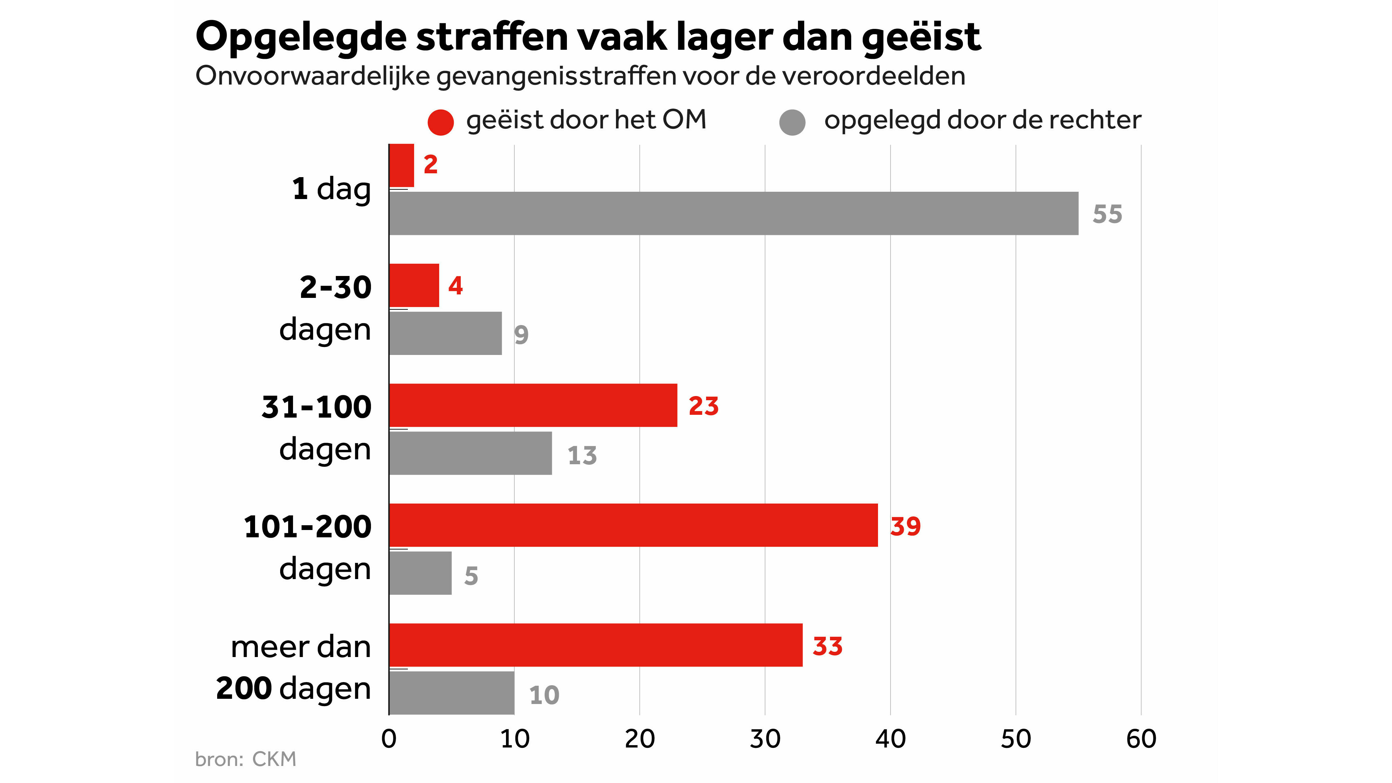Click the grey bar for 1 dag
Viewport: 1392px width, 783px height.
pos(733,213)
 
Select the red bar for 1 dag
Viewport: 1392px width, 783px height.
pos(402,165)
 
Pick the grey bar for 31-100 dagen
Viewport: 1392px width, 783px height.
pos(470,453)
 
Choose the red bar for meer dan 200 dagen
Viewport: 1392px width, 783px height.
pos(595,645)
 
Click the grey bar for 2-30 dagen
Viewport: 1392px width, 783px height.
pos(445,333)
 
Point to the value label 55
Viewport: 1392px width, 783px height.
pos(1107,214)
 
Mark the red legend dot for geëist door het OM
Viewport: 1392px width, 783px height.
pos(441,122)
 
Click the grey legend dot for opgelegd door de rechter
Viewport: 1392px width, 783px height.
pos(792,122)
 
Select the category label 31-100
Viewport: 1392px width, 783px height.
pos(317,407)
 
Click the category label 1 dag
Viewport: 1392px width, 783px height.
pos(331,189)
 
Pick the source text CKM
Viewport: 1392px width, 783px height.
pos(274,759)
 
